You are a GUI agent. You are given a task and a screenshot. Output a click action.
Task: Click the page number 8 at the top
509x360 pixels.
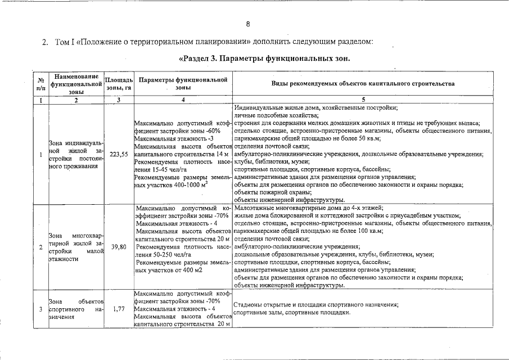click(x=247, y=24)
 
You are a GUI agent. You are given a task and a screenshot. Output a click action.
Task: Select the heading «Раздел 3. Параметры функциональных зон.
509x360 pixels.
click(x=264, y=58)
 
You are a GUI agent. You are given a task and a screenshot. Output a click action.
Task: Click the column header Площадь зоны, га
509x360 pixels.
click(x=119, y=84)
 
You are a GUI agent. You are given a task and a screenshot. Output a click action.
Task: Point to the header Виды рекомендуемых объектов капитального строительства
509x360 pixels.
click(x=362, y=84)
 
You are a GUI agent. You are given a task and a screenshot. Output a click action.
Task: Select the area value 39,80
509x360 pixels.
click(x=119, y=247)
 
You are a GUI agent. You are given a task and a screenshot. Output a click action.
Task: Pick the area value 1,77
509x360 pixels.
click(x=119, y=309)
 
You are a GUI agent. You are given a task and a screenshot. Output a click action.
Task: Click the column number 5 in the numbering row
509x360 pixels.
click(x=362, y=100)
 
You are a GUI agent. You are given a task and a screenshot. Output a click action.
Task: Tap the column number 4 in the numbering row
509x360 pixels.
click(x=183, y=100)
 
